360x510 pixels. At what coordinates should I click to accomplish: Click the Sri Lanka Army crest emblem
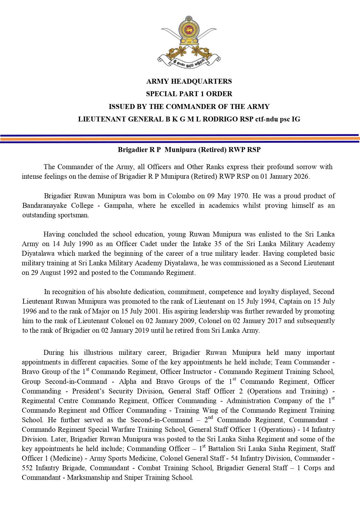(x=189, y=42)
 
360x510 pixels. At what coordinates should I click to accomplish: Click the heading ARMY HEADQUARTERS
(x=189, y=81)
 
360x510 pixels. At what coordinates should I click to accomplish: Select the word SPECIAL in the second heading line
(x=159, y=94)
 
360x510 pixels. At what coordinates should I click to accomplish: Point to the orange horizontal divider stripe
(x=180, y=139)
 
